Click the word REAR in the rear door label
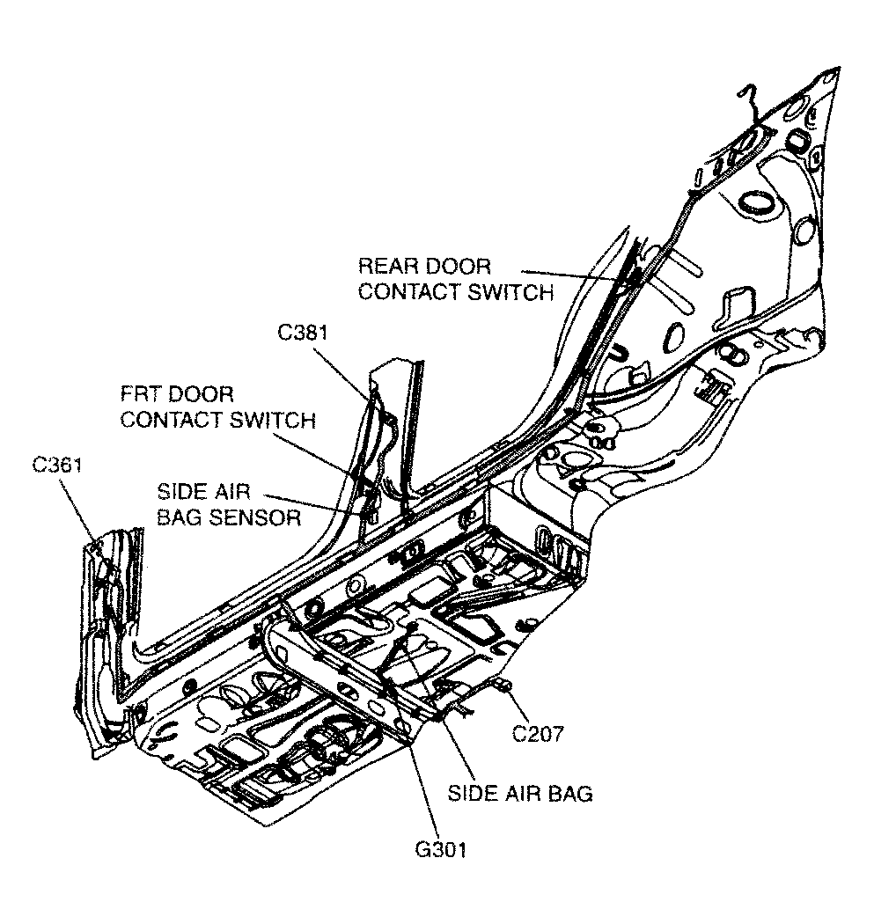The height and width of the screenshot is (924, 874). (x=388, y=266)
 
